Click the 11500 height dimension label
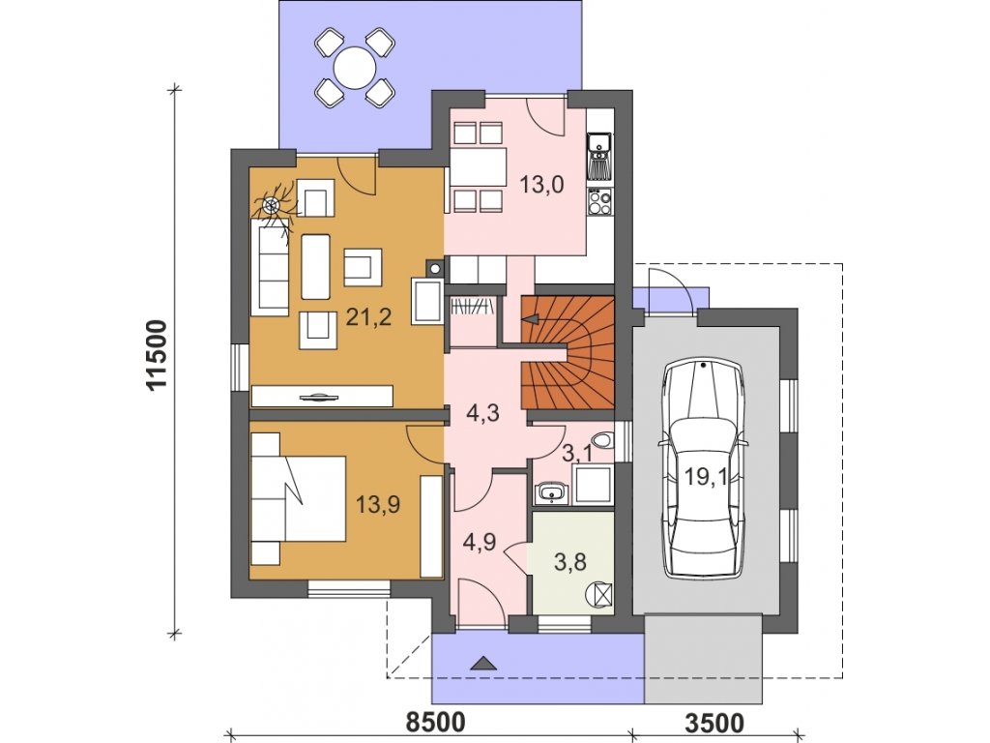pos(156,356)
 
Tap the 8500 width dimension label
pos(435,722)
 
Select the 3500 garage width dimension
pos(714,722)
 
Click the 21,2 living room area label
pos(368,316)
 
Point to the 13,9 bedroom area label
pos(378,504)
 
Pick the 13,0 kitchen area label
pos(541,185)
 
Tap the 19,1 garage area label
pos(705,476)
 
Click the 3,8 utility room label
pos(570,561)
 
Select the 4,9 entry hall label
pos(480,542)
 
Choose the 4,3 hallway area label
pos(483,412)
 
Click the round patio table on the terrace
pos(355,67)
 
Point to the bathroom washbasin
pos(551,493)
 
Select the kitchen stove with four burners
pos(599,202)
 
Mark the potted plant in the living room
pos(274,207)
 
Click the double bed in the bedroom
pos(298,498)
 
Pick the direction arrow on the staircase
pos(531,319)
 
